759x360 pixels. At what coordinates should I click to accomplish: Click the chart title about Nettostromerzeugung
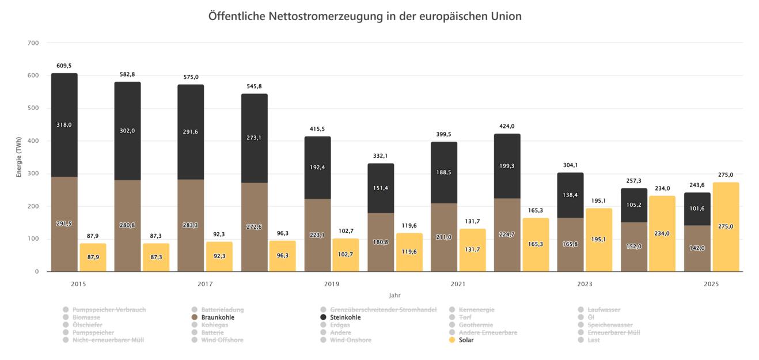[x=365, y=16]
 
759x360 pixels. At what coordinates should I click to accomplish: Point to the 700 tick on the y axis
[x=33, y=43]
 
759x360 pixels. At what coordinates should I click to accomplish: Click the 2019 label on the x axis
[x=332, y=284]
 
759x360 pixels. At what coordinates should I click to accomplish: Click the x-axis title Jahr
[x=394, y=295]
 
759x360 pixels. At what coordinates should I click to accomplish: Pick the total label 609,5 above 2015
[x=64, y=66]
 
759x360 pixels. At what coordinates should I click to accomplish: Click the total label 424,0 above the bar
[x=507, y=126]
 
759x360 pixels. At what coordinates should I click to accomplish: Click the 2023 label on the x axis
[x=585, y=284]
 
